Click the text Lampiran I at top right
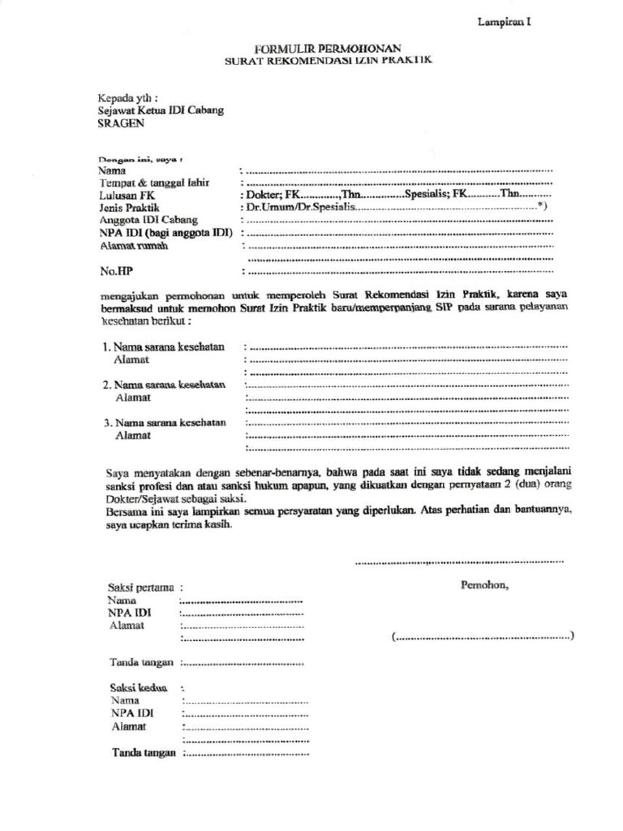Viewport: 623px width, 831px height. [x=503, y=23]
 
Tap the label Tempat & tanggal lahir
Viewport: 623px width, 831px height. [x=154, y=183]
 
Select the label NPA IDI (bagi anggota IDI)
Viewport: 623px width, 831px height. [x=166, y=233]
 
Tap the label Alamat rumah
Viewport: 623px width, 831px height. [x=134, y=245]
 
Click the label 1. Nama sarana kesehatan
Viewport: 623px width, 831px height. [x=164, y=347]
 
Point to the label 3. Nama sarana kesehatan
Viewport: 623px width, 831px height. [x=164, y=423]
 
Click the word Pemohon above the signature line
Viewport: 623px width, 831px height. [x=484, y=585]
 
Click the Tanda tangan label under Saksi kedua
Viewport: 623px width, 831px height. [x=144, y=752]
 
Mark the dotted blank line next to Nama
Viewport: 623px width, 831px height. [x=397, y=171]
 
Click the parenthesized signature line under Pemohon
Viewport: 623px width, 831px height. [x=483, y=637]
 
